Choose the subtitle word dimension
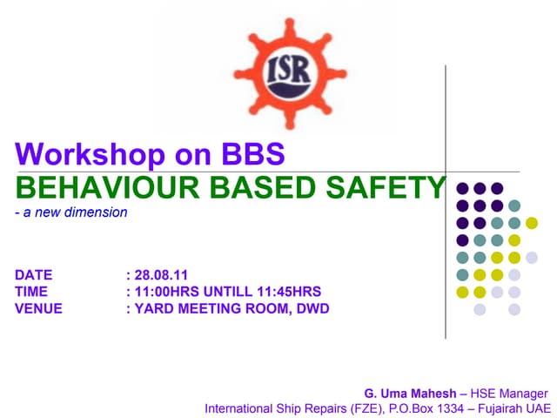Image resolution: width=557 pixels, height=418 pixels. (x=101, y=212)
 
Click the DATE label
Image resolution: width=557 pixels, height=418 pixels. (x=33, y=275)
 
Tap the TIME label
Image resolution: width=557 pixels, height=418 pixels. (x=31, y=292)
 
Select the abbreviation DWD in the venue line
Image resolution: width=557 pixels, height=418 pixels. (x=312, y=308)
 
